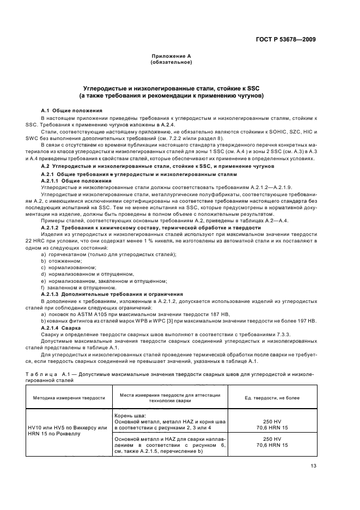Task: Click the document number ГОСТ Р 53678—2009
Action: coord(293,39)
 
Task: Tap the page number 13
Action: coord(313,465)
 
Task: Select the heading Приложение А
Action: coord(170,56)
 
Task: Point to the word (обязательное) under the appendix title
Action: coord(170,62)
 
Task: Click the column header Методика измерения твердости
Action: coord(69,398)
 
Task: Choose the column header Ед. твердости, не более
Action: coord(269,398)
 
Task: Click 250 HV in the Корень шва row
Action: coord(268,421)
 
